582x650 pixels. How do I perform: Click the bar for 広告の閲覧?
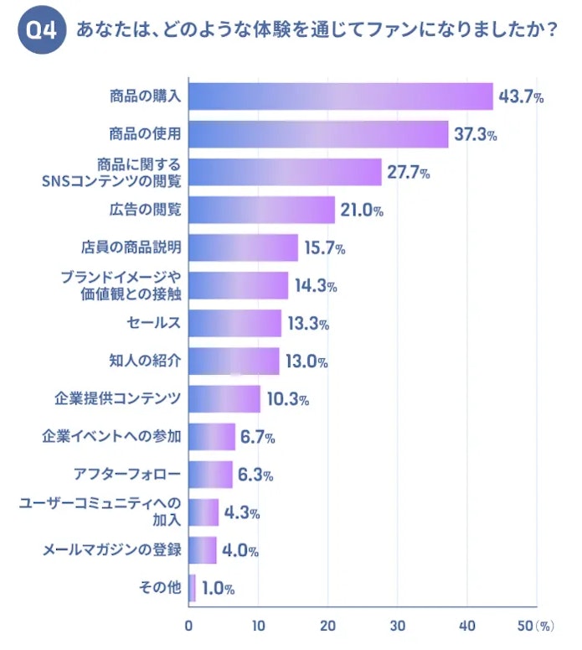point(262,210)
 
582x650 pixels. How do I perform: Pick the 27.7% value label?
point(409,173)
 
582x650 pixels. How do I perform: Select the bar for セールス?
point(235,323)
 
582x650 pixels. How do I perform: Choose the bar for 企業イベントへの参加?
point(212,437)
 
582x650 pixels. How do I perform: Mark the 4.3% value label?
point(242,512)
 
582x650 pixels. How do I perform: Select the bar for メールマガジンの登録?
point(203,550)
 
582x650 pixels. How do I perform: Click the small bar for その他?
point(193,588)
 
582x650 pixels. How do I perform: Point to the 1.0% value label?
point(218,589)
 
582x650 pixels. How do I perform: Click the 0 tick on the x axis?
point(189,626)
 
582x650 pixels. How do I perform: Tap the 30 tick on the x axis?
point(398,626)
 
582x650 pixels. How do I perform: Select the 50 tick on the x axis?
point(526,626)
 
